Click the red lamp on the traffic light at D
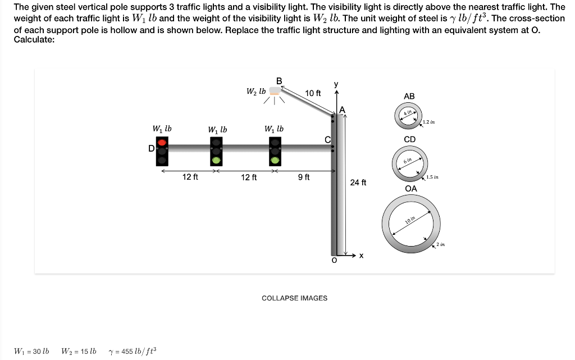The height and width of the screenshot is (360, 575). coord(162,143)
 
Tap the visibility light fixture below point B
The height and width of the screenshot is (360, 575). coord(275,91)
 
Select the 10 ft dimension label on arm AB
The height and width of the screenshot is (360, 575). coord(312,93)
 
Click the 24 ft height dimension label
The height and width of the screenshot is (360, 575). coord(358,183)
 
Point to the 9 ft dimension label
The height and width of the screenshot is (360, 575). coord(303,177)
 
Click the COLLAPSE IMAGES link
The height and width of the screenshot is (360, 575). coord(294,298)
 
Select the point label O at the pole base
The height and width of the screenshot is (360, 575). coord(334,261)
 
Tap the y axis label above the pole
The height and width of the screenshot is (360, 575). coord(336,84)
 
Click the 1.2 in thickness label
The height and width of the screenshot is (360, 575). coord(429,122)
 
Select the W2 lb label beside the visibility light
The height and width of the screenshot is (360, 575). coord(255,91)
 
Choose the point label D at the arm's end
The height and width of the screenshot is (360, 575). coord(150,148)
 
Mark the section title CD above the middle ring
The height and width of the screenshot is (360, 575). coord(410,139)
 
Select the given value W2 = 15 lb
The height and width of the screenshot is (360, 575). coord(79,352)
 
